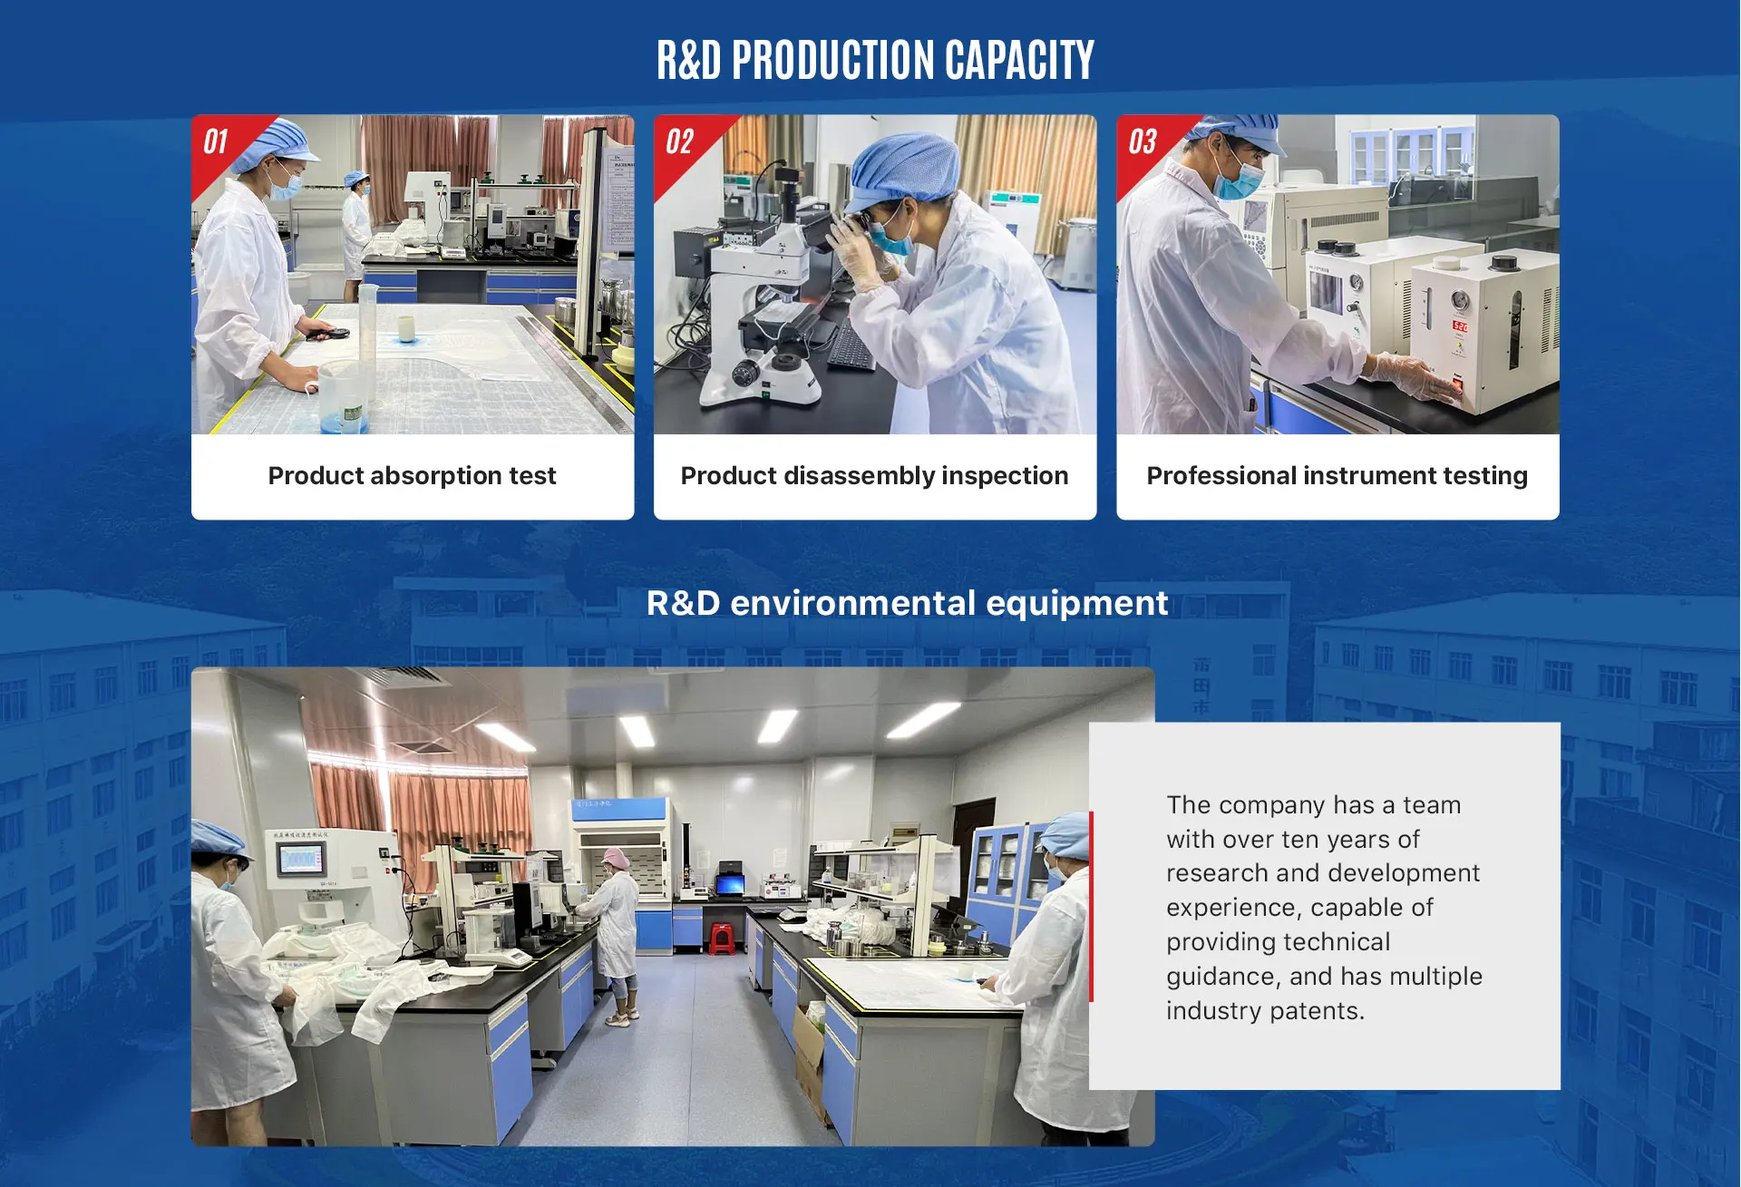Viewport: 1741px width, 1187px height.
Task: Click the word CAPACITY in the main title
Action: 1019,60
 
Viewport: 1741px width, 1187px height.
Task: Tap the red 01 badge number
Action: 215,141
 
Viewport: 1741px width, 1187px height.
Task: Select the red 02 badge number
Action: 679,141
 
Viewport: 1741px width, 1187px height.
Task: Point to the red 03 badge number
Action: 1143,141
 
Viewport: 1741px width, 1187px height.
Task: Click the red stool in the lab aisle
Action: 722,938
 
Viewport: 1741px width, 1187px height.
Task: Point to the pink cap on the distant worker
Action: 617,857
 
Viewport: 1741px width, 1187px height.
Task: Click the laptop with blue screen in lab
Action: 729,883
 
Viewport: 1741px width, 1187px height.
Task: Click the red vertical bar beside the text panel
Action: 1091,907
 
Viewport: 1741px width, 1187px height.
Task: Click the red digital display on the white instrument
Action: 1460,326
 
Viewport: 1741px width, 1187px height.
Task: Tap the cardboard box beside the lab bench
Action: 810,1052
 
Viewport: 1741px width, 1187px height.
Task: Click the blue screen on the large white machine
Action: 301,858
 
